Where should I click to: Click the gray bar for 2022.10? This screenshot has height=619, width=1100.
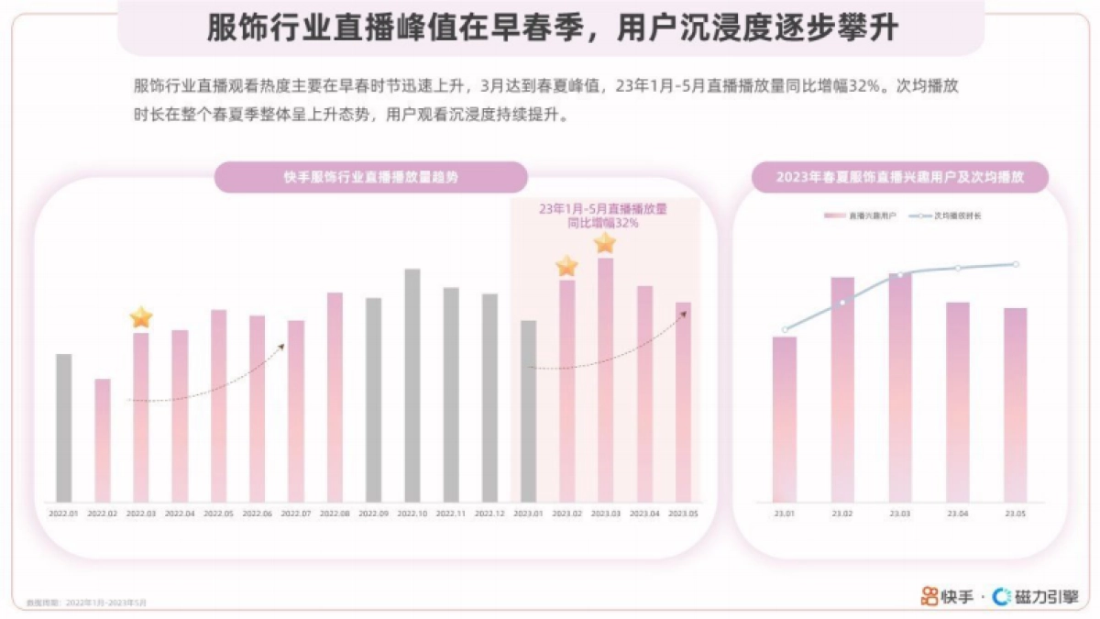tap(412, 385)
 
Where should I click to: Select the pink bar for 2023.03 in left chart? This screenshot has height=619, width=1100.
tap(605, 380)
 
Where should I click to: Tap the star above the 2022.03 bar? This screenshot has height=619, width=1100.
tap(141, 318)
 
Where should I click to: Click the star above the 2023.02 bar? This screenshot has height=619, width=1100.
tap(566, 267)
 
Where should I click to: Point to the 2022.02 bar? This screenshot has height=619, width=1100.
tap(103, 440)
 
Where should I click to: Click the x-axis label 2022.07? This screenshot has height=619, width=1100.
tap(295, 514)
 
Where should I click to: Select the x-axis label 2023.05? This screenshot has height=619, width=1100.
tap(683, 514)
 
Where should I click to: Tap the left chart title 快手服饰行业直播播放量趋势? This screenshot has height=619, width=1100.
tap(370, 177)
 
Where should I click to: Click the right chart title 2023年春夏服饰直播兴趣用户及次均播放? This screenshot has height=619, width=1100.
tap(899, 177)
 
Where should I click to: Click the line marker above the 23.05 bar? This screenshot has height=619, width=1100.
tap(1016, 264)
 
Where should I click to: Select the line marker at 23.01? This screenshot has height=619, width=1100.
tap(785, 330)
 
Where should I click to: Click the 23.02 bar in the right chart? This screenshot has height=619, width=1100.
tap(842, 390)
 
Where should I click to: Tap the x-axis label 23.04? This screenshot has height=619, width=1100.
tap(958, 514)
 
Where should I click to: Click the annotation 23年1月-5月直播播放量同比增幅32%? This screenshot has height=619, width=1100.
tap(603, 216)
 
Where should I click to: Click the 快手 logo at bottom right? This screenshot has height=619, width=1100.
tap(947, 597)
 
